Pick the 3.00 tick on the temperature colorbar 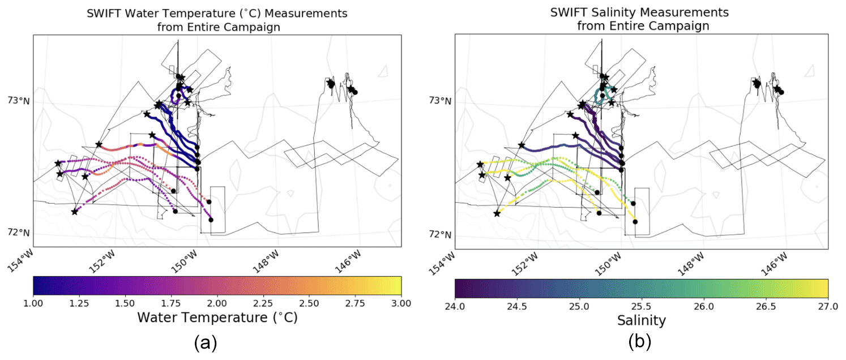click(x=401, y=304)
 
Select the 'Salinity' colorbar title click(x=642, y=321)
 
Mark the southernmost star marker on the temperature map click(x=75, y=212)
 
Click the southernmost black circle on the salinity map click(x=635, y=222)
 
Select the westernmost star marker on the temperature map click(x=57, y=164)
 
